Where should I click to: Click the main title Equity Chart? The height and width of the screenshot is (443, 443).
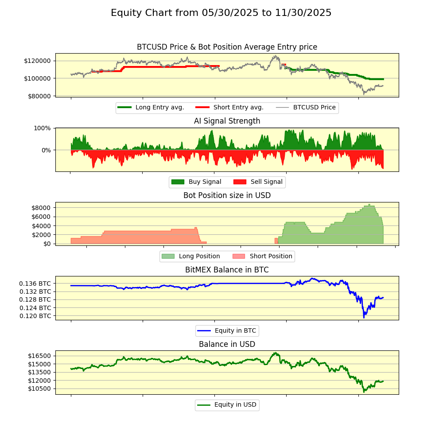coord(221,13)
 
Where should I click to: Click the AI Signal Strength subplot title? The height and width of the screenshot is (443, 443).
coord(227,121)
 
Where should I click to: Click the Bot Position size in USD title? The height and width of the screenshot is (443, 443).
coord(227,195)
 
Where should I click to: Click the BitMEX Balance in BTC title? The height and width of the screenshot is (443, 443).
coord(227,270)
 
